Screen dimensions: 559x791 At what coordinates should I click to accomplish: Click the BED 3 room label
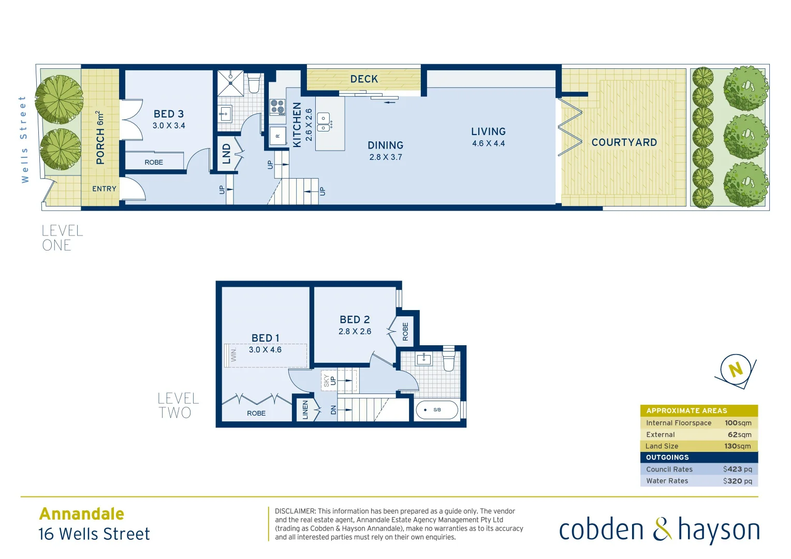(168, 114)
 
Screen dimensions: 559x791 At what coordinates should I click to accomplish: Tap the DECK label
(364, 79)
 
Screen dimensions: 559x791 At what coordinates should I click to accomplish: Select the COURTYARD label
(624, 142)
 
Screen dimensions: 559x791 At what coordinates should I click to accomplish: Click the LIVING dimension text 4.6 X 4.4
(488, 143)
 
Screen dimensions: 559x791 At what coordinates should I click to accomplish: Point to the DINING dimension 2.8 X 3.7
(385, 157)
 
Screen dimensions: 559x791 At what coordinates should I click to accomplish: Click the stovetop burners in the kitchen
(277, 107)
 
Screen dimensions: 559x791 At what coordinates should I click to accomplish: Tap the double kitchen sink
(324, 122)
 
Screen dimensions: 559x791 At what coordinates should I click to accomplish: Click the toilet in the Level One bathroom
(254, 82)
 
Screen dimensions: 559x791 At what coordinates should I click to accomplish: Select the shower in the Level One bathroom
(230, 83)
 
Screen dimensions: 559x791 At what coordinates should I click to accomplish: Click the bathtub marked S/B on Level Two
(437, 410)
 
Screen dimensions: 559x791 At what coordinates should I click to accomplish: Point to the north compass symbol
(735, 370)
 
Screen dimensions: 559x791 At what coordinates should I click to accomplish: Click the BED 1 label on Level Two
(265, 338)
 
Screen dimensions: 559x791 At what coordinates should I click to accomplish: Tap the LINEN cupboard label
(305, 409)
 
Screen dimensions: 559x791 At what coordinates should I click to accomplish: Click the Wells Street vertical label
(23, 139)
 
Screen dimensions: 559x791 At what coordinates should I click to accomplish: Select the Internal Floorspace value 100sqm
(738, 423)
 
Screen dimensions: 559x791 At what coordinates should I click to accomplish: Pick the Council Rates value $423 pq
(737, 469)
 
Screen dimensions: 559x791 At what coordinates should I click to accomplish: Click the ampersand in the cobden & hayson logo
(662, 530)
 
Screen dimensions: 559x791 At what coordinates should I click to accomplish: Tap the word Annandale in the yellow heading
(82, 514)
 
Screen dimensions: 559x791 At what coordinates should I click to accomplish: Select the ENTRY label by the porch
(104, 189)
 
